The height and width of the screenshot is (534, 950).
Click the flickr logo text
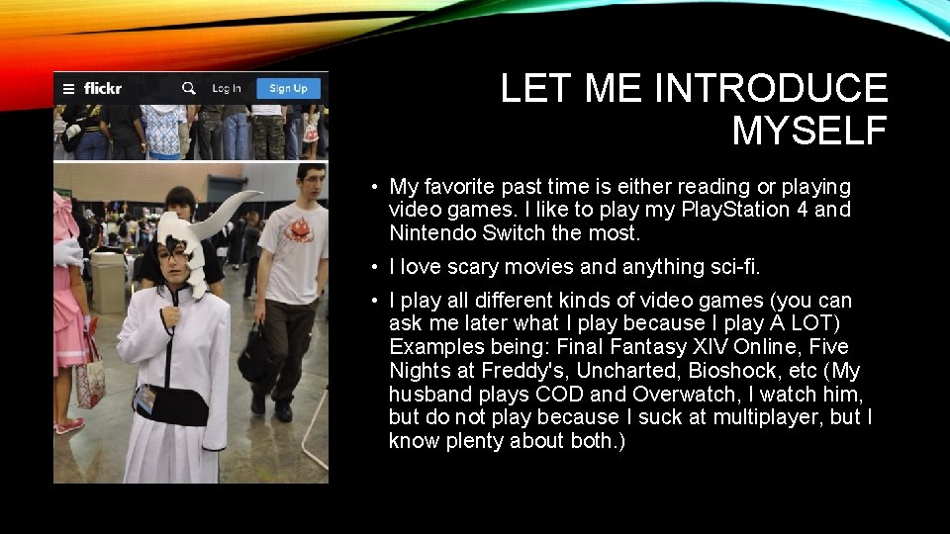103,88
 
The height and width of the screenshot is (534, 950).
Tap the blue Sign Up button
288,88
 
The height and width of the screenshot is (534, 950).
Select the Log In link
227,88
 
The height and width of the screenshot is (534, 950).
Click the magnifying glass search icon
188,88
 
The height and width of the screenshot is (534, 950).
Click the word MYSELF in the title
809,131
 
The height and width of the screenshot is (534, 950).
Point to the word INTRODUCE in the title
771,89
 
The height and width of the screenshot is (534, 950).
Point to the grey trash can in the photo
108,282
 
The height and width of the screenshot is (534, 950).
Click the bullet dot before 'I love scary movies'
377,267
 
